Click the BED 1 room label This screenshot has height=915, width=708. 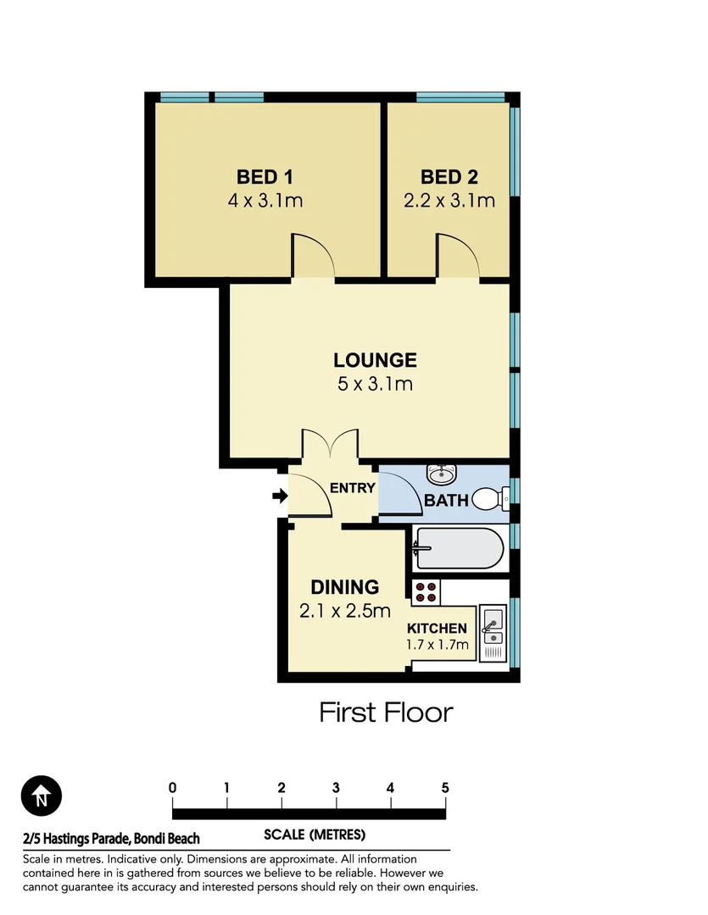265,177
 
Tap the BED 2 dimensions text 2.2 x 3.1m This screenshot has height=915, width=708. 449,202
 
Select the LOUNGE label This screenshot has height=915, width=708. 374,360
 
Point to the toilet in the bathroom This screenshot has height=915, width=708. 488,499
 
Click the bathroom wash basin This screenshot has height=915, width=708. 441,474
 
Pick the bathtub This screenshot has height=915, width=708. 458,548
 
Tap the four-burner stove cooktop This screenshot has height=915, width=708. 426,592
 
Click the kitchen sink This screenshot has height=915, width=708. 492,629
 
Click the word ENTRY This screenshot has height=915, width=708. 352,488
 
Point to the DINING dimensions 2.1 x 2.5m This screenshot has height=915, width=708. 344,610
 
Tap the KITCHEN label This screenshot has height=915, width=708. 437,629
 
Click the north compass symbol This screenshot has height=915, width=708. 42,796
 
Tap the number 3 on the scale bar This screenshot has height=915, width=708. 336,788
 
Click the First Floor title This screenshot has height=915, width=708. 386,713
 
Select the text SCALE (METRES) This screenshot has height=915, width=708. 315,835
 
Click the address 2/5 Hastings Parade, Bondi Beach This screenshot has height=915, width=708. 111,839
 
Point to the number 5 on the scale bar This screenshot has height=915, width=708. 445,788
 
